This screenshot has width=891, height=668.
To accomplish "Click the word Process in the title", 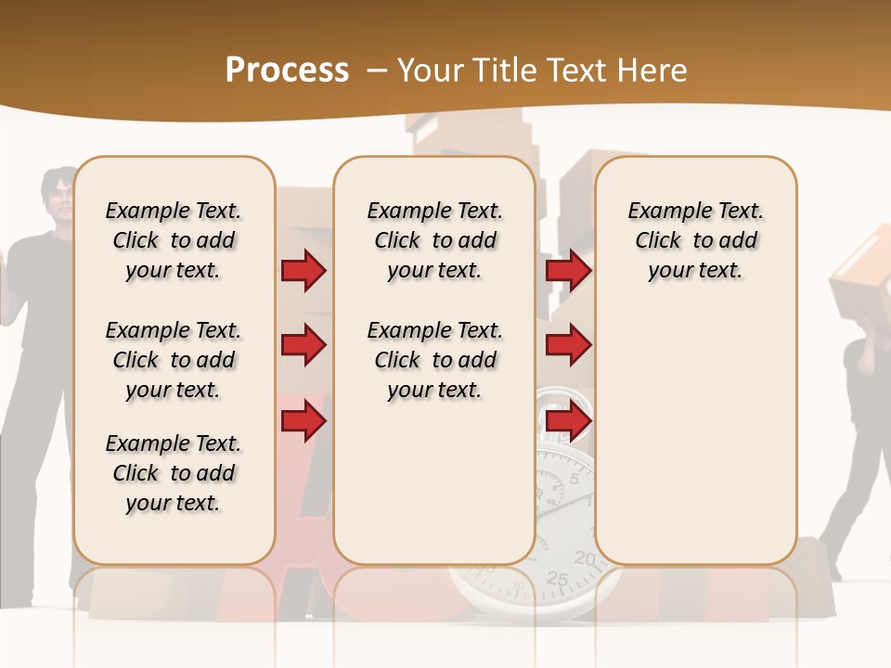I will [287, 71].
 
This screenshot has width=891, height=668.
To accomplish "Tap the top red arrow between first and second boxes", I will [303, 271].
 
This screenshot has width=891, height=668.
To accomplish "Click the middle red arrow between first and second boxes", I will [303, 346].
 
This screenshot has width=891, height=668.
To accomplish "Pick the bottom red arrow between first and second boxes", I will [303, 422].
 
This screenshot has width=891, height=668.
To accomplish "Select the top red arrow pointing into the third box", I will [568, 271].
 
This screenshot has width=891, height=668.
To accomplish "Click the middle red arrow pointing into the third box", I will [568, 346].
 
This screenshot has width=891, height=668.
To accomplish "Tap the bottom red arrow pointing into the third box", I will [568, 422].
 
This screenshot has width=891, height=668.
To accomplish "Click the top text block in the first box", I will [174, 240].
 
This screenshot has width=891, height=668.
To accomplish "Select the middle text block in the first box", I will [174, 360].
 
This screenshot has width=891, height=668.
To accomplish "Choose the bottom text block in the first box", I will [174, 473].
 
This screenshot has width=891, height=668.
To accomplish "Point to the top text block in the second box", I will [434, 240].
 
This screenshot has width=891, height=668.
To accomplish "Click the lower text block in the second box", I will [434, 360].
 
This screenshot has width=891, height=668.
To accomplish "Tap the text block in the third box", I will [695, 240].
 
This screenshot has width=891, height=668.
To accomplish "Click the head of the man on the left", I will [59, 195].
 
